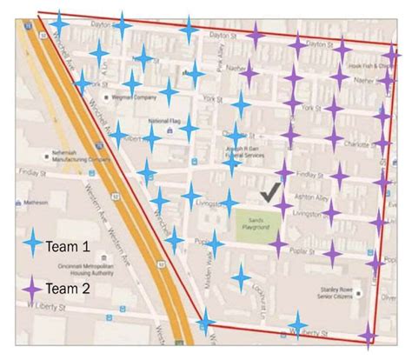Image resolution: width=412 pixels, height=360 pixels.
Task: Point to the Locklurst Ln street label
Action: click(x=262, y=296)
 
